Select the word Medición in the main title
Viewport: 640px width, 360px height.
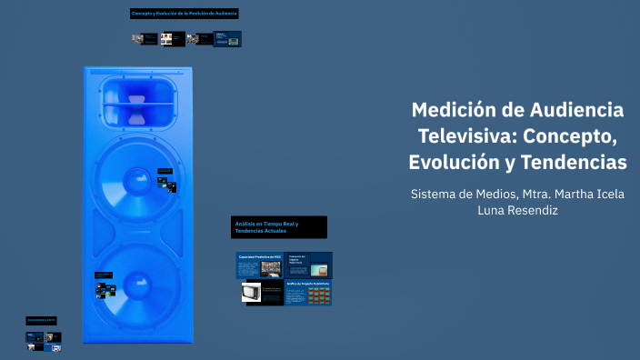point(452,110)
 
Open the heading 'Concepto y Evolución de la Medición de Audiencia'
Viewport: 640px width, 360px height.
point(184,14)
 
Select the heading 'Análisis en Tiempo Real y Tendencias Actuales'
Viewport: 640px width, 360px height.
point(278,226)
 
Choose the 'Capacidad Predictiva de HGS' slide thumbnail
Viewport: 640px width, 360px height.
point(260,265)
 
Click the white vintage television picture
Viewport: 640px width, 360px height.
point(252,293)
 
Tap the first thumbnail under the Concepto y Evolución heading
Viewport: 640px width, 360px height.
point(144,39)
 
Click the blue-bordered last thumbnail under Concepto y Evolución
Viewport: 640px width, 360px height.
point(227,39)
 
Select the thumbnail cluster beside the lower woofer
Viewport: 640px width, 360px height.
point(105,286)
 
